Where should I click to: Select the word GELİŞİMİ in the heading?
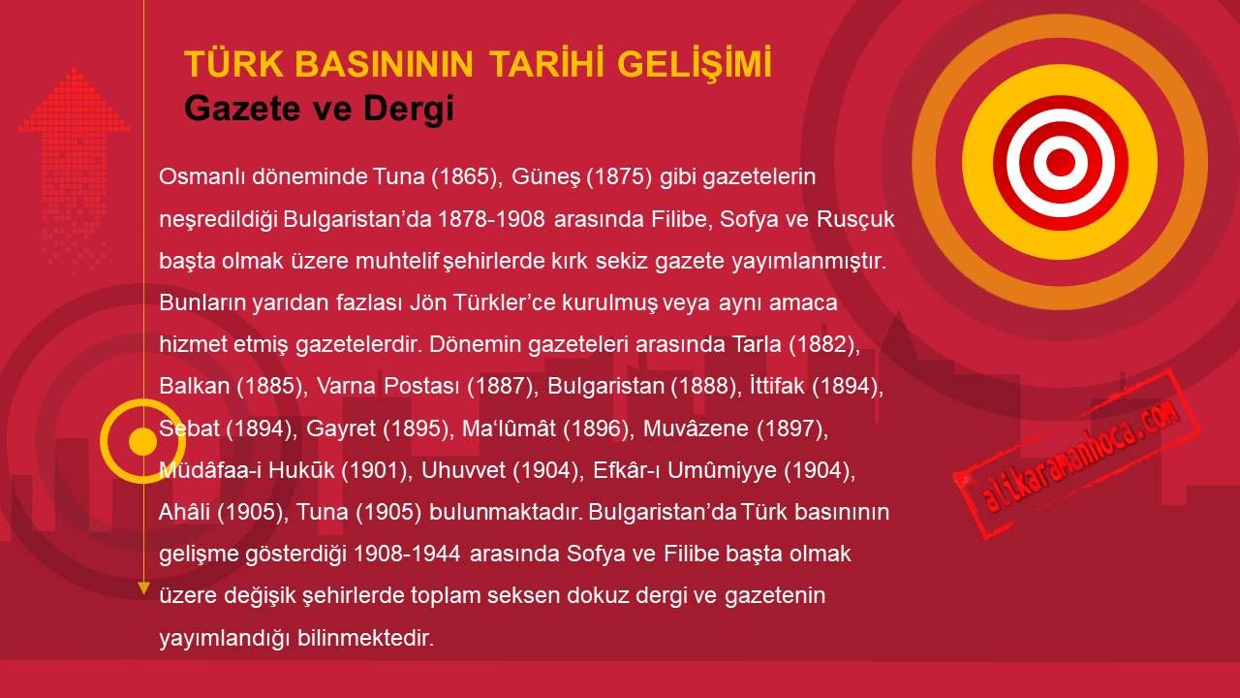(x=695, y=64)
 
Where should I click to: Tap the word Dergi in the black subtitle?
(x=409, y=108)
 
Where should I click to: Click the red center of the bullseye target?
(x=1060, y=162)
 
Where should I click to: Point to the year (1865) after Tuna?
(x=466, y=176)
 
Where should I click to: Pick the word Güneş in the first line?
(x=544, y=176)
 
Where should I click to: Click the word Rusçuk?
(x=855, y=219)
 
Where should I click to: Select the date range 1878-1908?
(x=491, y=219)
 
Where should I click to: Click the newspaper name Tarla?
(x=757, y=344)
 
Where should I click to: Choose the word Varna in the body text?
(x=346, y=386)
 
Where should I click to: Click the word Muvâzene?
(x=696, y=428)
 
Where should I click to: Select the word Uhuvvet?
(x=463, y=470)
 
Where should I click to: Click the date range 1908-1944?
(x=407, y=554)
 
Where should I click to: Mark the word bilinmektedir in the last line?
(x=365, y=638)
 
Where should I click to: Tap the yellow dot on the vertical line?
(x=143, y=441)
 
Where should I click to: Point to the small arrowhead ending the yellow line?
(x=143, y=588)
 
